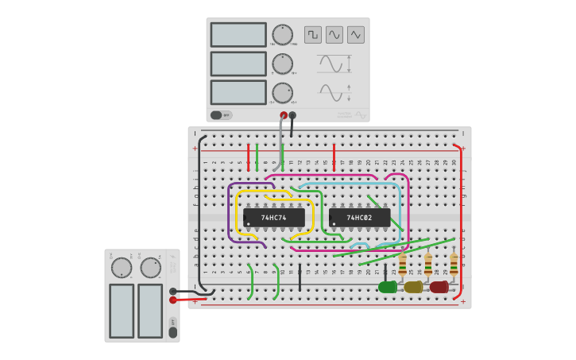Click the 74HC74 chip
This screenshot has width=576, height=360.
click(274, 218)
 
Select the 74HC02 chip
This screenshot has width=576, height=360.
click(359, 218)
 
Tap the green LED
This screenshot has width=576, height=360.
click(388, 287)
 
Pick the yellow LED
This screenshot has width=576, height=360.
click(413, 287)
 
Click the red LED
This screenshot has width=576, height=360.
click(439, 287)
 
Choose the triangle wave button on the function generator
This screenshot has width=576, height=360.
click(356, 35)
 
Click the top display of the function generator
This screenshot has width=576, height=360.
click(238, 35)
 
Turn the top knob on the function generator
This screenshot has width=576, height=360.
click(283, 35)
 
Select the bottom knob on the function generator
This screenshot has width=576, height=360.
click(283, 93)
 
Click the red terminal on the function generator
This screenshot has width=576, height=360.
click(284, 115)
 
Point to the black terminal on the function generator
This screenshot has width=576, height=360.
click(292, 115)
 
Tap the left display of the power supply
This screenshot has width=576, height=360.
click(122, 310)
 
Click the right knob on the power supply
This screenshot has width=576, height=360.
click(151, 268)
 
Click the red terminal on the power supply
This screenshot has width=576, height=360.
click(173, 300)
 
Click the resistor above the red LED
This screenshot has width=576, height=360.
click(454, 264)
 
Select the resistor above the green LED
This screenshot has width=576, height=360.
click(403, 264)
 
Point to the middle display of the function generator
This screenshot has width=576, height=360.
click(238, 64)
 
